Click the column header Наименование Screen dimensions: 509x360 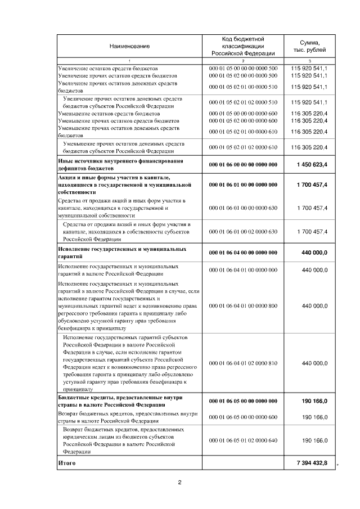click(x=129, y=46)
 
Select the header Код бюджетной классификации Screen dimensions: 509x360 click(x=243, y=46)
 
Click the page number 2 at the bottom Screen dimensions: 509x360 click(x=180, y=482)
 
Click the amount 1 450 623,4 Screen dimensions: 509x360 click(x=312, y=164)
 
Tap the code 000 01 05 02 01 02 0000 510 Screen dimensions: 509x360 click(x=243, y=102)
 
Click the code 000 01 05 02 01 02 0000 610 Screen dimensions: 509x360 click(x=243, y=147)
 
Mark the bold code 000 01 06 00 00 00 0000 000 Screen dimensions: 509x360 click(x=243, y=164)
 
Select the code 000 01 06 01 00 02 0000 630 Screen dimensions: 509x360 click(x=243, y=231)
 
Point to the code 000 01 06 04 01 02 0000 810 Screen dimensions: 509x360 click(x=243, y=363)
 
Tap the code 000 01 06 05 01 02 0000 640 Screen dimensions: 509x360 click(x=243, y=440)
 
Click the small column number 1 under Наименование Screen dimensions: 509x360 click(x=129, y=61)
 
